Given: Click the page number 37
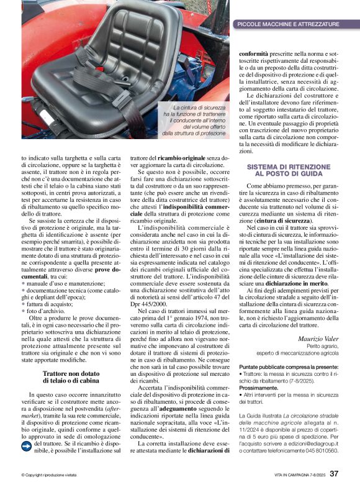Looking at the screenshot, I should (x=334, y=473).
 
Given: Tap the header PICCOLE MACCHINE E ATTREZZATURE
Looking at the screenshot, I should (x=288, y=24).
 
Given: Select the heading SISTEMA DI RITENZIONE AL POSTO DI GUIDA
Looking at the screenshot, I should (x=289, y=171).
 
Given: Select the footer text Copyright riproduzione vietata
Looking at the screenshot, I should (x=48, y=475).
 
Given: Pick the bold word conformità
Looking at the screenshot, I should (x=256, y=54).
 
